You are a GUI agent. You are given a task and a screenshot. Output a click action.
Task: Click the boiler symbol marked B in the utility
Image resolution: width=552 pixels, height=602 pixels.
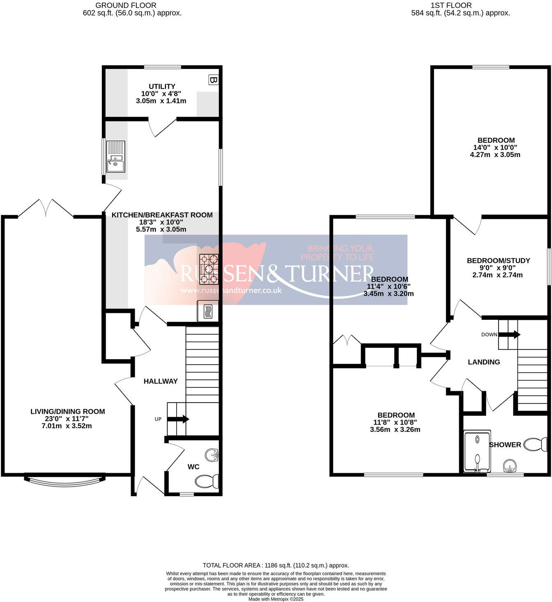pyautogui.click(x=213, y=80)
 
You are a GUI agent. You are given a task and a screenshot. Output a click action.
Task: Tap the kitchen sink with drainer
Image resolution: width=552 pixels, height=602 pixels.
pyautogui.click(x=116, y=157)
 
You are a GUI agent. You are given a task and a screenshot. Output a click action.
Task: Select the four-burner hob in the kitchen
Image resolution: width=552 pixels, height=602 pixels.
pyautogui.click(x=209, y=269)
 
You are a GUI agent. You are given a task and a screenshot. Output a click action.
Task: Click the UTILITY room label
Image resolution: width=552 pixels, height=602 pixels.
pyautogui.click(x=162, y=87)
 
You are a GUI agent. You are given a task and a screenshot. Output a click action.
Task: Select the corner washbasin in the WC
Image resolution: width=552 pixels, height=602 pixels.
pyautogui.click(x=212, y=455)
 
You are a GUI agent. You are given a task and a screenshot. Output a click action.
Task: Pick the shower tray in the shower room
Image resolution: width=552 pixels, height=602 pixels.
pyautogui.click(x=477, y=451)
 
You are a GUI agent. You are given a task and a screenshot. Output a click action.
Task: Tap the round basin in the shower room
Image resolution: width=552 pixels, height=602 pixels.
pyautogui.click(x=510, y=466)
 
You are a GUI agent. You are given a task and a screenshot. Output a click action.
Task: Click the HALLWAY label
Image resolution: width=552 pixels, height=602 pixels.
pyautogui.click(x=161, y=381)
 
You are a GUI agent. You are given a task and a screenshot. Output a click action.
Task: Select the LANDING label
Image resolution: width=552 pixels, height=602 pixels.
pyautogui.click(x=484, y=362)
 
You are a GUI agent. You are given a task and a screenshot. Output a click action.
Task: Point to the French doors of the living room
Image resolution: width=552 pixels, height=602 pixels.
pyautogui.click(x=46, y=208)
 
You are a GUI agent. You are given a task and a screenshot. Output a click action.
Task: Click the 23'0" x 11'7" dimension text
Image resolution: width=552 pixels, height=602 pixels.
pyautogui.click(x=68, y=419)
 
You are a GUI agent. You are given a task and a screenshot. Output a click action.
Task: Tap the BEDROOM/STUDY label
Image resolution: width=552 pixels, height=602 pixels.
pyautogui.click(x=498, y=261)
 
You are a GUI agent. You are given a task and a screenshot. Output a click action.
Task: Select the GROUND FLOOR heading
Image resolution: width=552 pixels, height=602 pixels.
pyautogui.click(x=126, y=5)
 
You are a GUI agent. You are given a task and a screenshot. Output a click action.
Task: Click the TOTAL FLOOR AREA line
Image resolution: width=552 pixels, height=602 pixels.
pyautogui.click(x=276, y=565)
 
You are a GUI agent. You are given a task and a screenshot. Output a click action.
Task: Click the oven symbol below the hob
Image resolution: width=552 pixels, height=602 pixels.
pyautogui.click(x=208, y=311)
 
